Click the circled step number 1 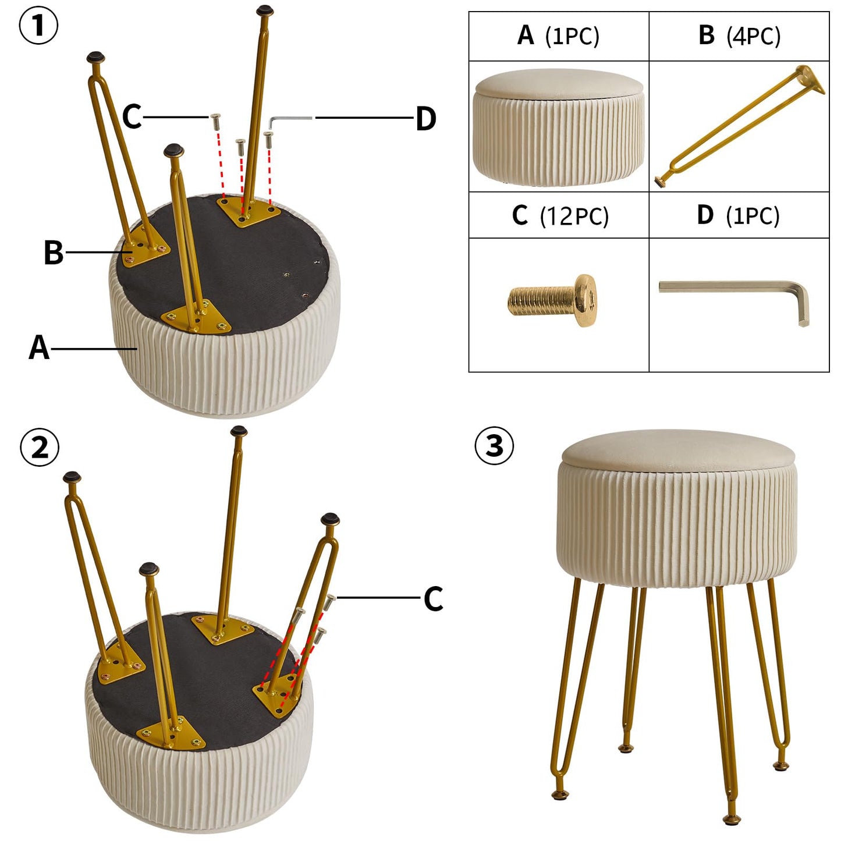tap(38, 25)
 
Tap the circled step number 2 tap(39, 448)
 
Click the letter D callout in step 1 tap(425, 119)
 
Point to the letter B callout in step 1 tap(53, 252)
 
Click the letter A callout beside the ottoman tap(39, 347)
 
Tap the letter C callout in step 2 tap(433, 598)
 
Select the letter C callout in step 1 tap(132, 116)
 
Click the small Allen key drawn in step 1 tap(290, 121)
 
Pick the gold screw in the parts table tap(552, 300)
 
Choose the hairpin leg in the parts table tap(740, 126)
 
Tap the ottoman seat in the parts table tap(558, 126)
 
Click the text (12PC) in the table tap(574, 216)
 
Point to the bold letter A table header tap(526, 35)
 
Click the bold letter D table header tap(705, 215)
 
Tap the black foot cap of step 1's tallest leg tap(265, 9)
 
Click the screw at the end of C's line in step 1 tap(215, 121)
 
